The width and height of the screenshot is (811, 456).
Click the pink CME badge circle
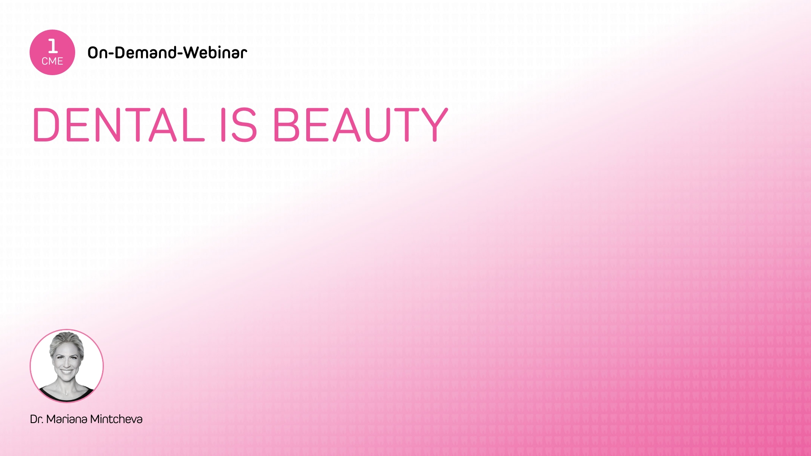52,52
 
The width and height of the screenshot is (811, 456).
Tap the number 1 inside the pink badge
53,46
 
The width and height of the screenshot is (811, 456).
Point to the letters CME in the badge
52,61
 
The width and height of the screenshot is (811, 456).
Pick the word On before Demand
97,52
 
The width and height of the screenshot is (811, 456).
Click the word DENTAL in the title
119,125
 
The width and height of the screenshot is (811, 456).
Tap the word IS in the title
239,125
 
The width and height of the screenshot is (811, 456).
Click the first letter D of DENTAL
46,125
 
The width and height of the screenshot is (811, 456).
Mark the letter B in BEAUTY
286,125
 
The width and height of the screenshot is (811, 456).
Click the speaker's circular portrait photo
67,366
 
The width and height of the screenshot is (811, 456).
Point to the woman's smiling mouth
66,372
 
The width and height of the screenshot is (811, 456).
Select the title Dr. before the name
36,419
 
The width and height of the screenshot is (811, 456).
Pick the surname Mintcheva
116,419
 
